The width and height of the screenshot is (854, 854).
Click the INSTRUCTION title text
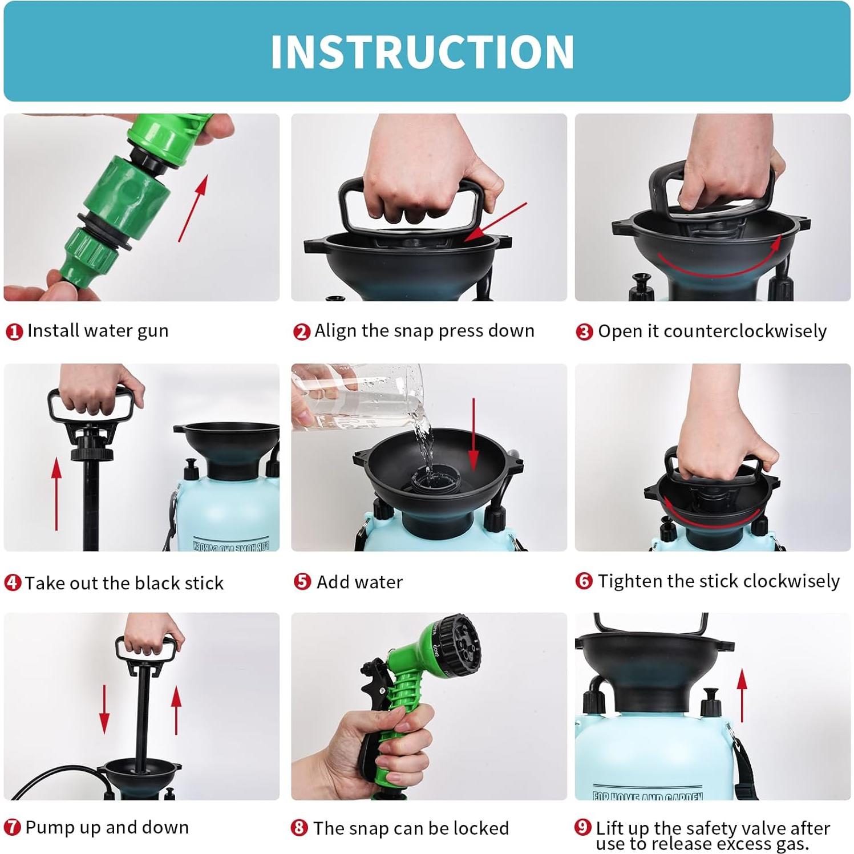pyautogui.click(x=422, y=52)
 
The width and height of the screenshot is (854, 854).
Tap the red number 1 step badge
pyautogui.click(x=14, y=331)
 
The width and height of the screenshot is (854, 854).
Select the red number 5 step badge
pyautogui.click(x=302, y=581)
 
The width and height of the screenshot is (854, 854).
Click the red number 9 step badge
pyautogui.click(x=582, y=827)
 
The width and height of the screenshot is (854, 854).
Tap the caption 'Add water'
pyautogui.click(x=359, y=582)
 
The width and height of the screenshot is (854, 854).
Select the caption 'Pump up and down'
pyautogui.click(x=107, y=827)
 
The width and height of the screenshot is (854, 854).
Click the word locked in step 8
pyautogui.click(x=480, y=828)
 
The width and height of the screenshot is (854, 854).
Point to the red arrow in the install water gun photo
pyautogui.click(x=193, y=208)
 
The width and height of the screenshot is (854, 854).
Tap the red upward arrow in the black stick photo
pyautogui.click(x=56, y=493)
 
